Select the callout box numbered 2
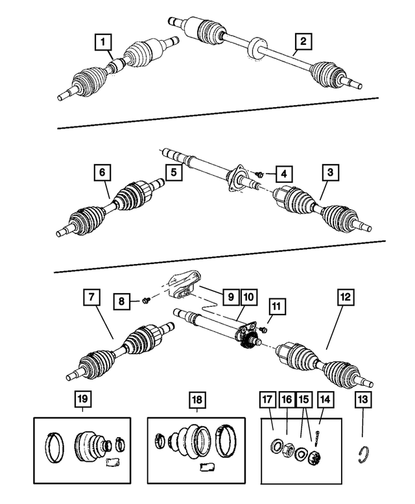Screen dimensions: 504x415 [x=302, y=43]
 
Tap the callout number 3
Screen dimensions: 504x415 [x=331, y=173]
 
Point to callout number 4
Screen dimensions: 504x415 [x=283, y=173]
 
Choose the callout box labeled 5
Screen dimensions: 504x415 [x=173, y=173]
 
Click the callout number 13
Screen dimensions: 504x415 [x=362, y=401]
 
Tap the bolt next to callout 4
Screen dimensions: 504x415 [x=259, y=174]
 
